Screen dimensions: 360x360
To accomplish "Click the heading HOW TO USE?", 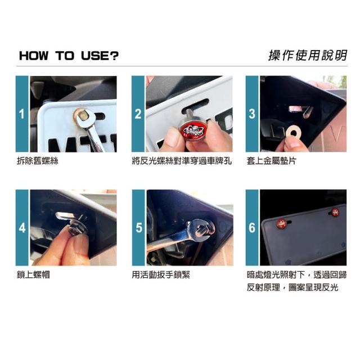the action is pos(69,56).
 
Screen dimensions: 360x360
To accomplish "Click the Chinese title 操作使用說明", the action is pos(308,55).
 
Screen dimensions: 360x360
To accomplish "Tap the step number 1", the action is pos(22,114).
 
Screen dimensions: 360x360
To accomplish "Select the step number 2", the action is pos(138,114).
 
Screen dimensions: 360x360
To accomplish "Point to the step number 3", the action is pos(252,114).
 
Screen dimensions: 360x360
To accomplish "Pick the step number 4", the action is pos(22,228).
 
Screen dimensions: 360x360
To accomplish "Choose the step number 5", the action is pos(139,228).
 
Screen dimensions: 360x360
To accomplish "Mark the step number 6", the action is pos(252,228).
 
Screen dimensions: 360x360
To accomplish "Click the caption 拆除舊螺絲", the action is pos(38,161).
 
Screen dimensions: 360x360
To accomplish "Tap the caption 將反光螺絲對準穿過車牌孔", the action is pos(182,161).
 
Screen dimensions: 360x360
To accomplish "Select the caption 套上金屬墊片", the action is pos(272,161).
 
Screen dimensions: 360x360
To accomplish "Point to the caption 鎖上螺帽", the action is pos(33,274).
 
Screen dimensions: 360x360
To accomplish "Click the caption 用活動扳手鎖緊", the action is pos(161,274).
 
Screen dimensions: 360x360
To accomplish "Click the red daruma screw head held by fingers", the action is pos(193,130).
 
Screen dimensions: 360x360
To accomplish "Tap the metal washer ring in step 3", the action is pos(293,132).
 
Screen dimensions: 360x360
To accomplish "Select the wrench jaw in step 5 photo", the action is pos(202,229).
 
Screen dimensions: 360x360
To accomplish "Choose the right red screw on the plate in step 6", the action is pos(335,212).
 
